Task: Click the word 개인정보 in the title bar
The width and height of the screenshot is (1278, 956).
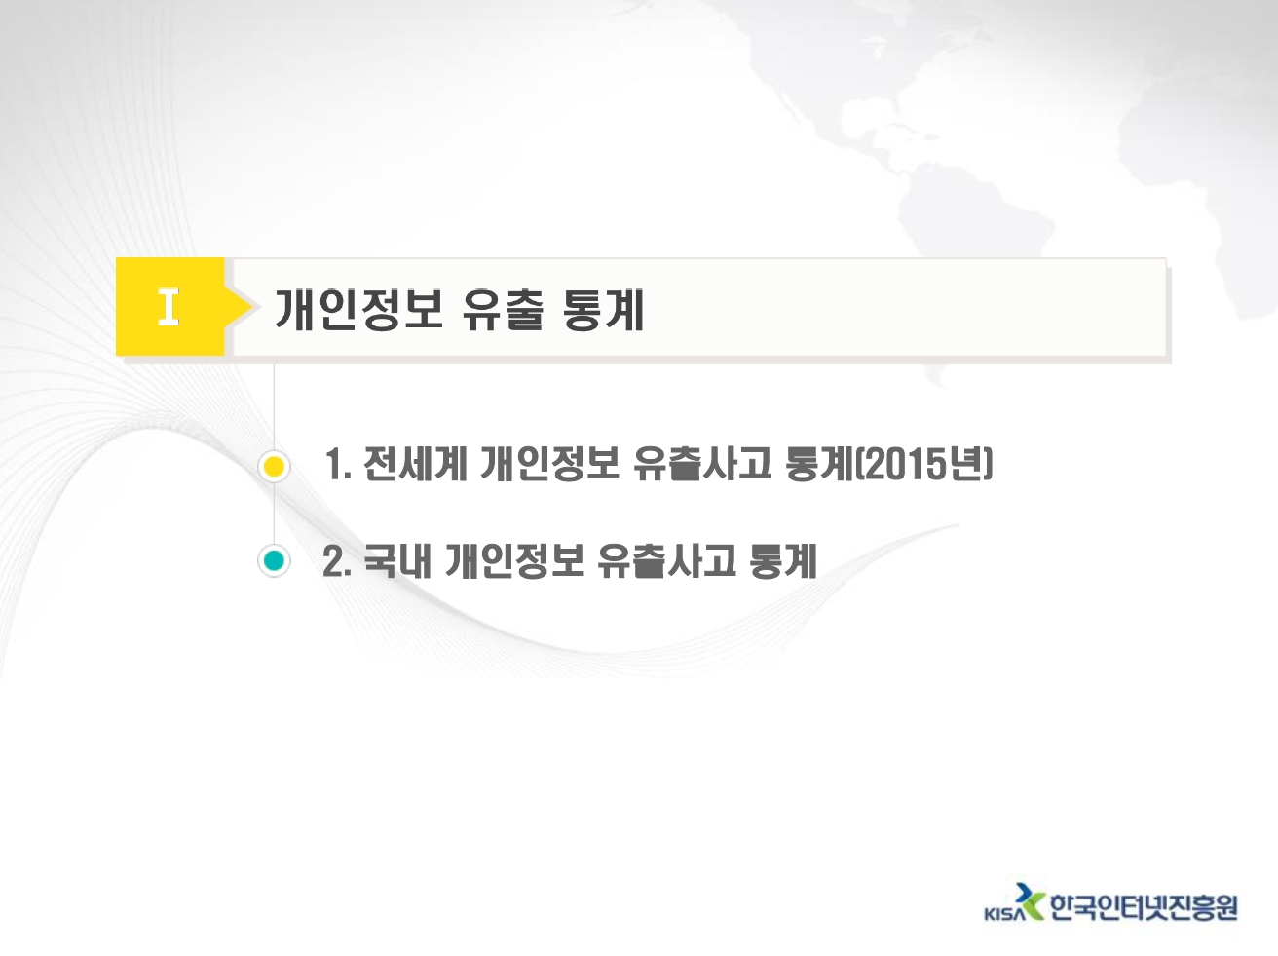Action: point(358,310)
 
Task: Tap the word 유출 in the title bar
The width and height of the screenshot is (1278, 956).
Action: point(504,310)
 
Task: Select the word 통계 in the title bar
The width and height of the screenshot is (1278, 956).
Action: point(604,310)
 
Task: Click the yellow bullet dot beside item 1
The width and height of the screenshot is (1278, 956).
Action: point(274,467)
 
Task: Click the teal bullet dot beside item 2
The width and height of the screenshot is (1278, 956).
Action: point(274,560)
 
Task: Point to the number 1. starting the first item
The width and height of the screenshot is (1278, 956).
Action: point(339,465)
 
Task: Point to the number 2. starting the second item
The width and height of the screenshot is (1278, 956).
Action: point(337,560)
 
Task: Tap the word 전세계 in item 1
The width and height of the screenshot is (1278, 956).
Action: point(416,465)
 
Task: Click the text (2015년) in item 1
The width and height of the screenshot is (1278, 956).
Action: point(923,465)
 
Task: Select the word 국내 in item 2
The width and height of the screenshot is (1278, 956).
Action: point(397,560)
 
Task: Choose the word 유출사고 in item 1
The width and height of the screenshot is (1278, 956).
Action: point(702,465)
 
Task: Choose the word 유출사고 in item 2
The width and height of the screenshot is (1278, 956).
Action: point(666,560)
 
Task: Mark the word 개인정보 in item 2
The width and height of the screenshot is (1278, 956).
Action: point(514,560)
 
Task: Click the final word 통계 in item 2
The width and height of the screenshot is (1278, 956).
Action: point(784,560)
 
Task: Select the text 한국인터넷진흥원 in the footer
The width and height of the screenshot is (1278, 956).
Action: point(1144,907)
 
